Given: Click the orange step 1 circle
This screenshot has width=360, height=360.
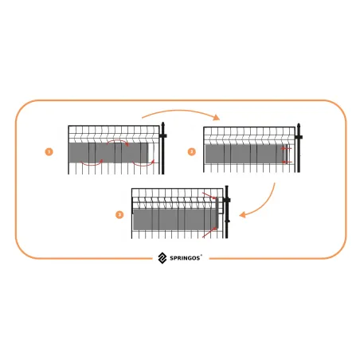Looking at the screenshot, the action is [x=49, y=152].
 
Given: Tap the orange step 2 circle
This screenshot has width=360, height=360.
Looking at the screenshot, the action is [x=192, y=152].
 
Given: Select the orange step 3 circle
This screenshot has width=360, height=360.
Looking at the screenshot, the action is [x=119, y=214].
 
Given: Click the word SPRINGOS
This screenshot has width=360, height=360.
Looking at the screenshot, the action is [x=185, y=258].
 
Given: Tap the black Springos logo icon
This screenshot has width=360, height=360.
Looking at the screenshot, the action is [x=162, y=258].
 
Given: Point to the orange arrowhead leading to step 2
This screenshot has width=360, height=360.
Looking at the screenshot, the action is [x=217, y=117].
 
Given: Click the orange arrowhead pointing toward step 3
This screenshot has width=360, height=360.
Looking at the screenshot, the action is [x=242, y=214].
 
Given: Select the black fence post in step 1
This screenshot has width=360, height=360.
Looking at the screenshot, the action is [x=163, y=148].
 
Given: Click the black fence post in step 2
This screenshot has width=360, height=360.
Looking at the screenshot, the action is [x=299, y=147].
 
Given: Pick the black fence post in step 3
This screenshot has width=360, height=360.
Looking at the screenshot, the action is [x=227, y=212].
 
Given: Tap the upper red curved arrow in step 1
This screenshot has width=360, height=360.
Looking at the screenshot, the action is [x=118, y=142].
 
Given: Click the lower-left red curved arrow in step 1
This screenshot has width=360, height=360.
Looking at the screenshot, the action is [x=92, y=163].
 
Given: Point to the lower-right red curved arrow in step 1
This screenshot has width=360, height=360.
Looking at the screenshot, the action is [x=143, y=163].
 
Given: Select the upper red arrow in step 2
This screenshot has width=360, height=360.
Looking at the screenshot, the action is [x=287, y=148].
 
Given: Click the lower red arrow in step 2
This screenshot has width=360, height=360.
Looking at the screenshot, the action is [x=287, y=162].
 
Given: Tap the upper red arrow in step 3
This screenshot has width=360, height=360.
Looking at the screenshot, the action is [x=209, y=196].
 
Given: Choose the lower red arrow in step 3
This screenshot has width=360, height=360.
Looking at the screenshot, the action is [x=209, y=232].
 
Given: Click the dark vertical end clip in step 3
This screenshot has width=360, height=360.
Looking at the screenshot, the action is [x=217, y=213].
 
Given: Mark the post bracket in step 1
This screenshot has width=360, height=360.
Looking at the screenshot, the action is [x=163, y=136].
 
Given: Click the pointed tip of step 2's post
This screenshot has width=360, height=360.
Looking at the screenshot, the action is [x=299, y=123].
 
